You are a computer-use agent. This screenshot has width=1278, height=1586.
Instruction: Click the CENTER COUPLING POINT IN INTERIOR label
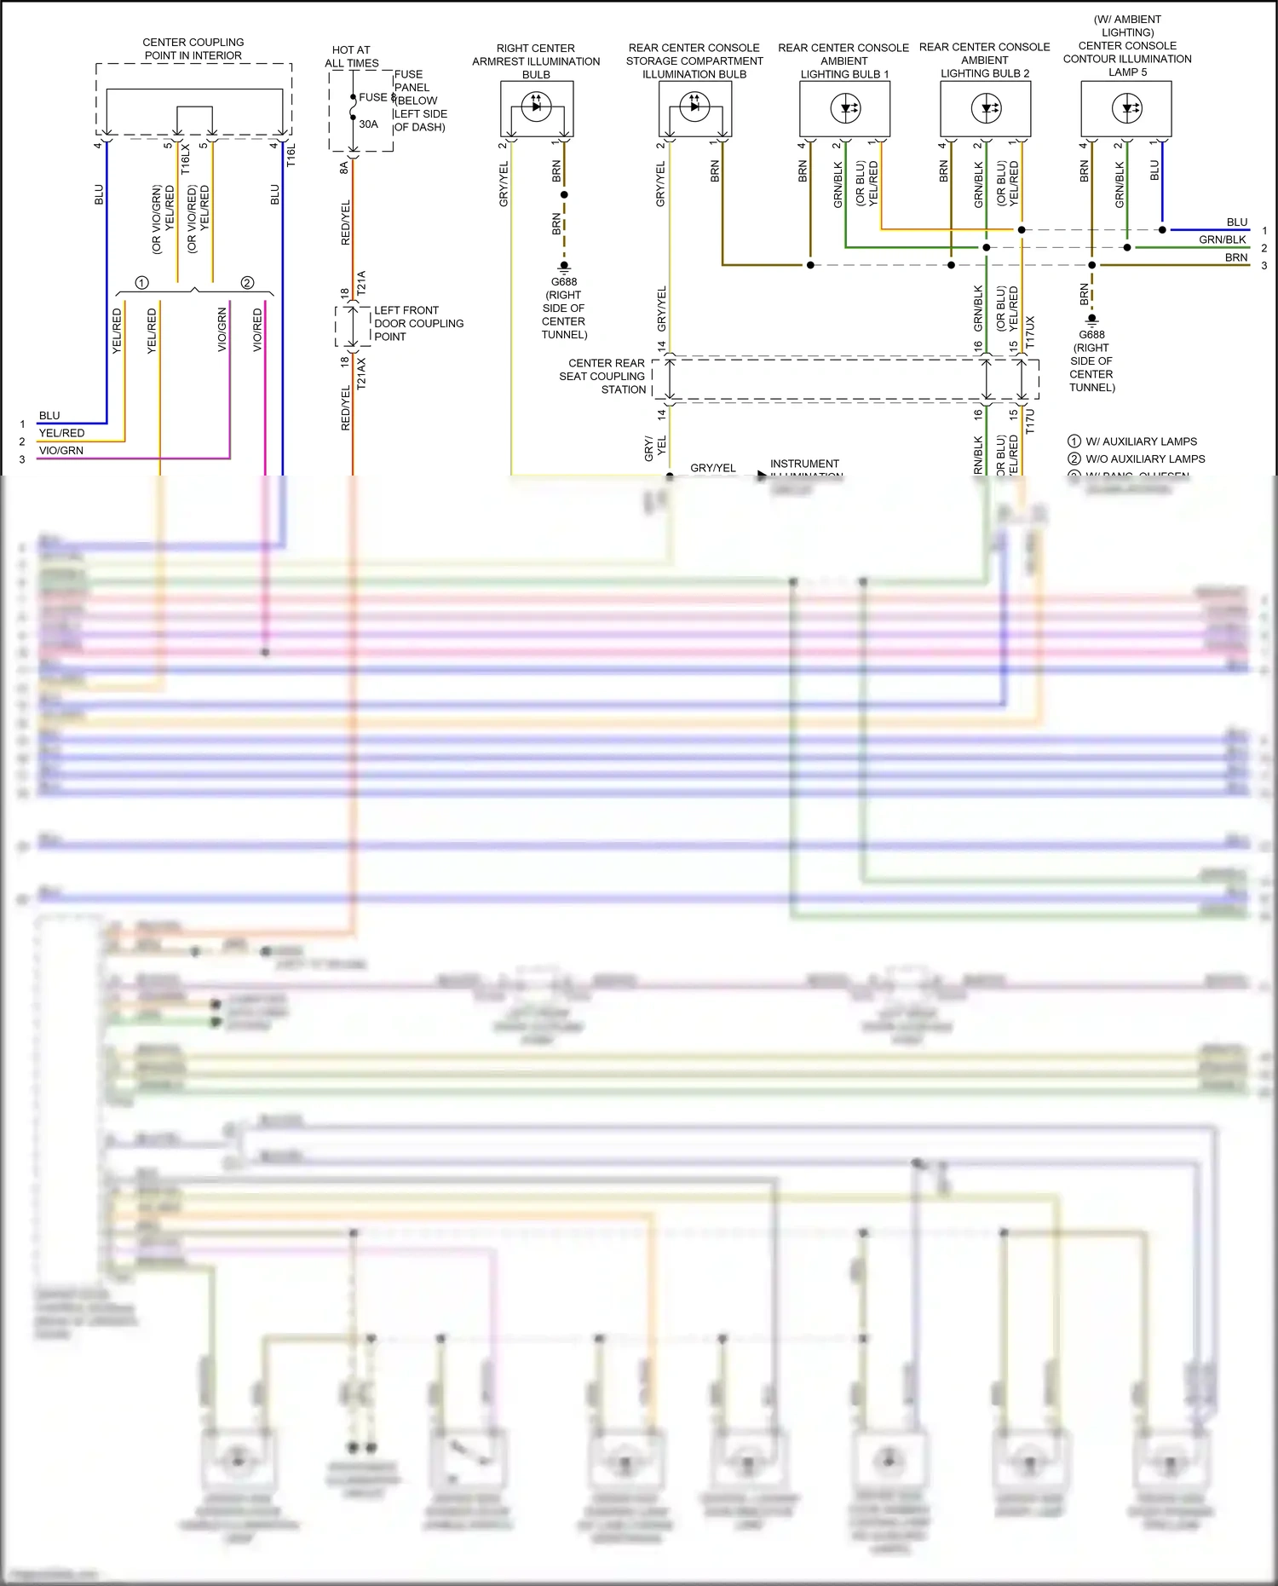pyautogui.click(x=193, y=49)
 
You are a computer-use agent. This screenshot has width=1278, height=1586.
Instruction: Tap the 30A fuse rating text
pyautogui.click(x=368, y=124)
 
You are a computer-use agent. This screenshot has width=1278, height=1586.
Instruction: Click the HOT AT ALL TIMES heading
pyautogui.click(x=351, y=56)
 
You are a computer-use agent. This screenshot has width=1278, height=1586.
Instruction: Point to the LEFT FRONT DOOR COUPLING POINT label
pyautogui.click(x=418, y=324)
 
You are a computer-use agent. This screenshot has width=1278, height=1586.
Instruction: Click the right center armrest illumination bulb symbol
pyautogui.click(x=536, y=107)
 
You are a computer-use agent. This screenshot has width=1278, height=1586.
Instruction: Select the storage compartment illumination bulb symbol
pyautogui.click(x=694, y=107)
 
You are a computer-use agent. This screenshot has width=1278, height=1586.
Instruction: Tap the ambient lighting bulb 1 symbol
pyautogui.click(x=845, y=108)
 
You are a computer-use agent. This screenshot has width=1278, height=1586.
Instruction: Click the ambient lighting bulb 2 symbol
pyautogui.click(x=986, y=108)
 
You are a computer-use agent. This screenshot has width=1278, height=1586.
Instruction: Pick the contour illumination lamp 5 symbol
pyautogui.click(x=1126, y=108)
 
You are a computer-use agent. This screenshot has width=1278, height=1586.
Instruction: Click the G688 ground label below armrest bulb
pyautogui.click(x=564, y=308)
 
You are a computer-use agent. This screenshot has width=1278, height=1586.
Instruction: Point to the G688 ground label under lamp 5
pyautogui.click(x=1091, y=361)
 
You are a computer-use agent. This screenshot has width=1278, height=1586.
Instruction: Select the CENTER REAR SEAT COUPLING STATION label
pyautogui.click(x=603, y=376)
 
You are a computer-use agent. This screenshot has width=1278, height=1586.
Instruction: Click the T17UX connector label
pyautogui.click(x=1030, y=332)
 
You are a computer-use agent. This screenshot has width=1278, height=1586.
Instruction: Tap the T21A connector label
pyautogui.click(x=361, y=283)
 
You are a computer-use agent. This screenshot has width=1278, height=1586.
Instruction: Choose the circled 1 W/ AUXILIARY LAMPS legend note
pyautogui.click(x=1133, y=441)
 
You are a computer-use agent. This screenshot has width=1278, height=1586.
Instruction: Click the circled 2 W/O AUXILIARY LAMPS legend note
pyautogui.click(x=1137, y=459)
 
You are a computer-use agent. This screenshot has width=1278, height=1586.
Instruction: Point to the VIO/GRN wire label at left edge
pyautogui.click(x=61, y=451)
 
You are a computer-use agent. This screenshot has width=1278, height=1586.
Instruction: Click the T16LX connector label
pyautogui.click(x=186, y=159)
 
